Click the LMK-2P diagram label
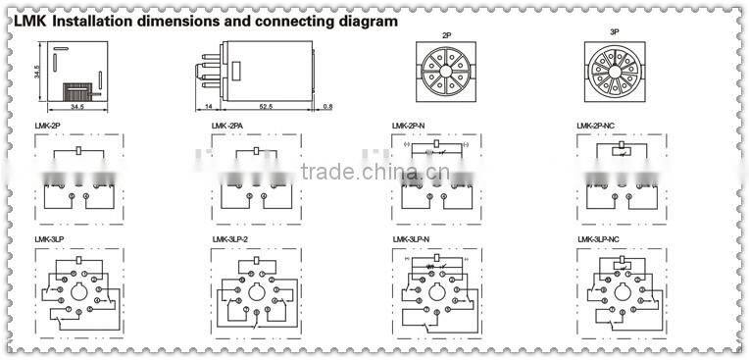coord(47,127)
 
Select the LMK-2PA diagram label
coord(227,127)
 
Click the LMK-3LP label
coord(49,239)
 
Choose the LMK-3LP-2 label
coord(231,239)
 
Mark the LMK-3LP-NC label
coord(599,239)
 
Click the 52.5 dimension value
coord(267,105)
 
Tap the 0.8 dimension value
coord(327,105)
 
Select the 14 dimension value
coord(209,105)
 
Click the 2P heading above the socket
coord(447,34)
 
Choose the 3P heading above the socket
coord(615,34)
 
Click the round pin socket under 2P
coord(447,74)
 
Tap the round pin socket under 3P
coord(615,74)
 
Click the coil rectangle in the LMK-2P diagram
coord(77,152)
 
